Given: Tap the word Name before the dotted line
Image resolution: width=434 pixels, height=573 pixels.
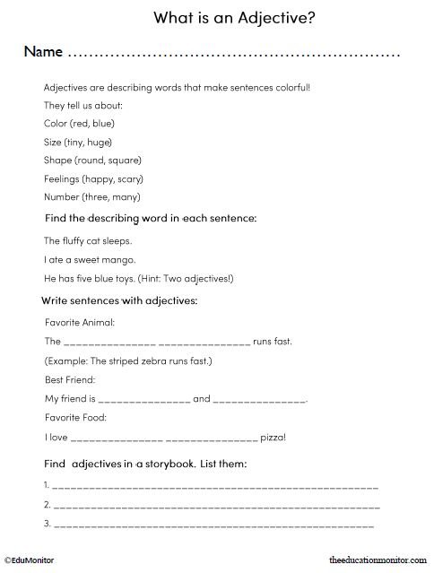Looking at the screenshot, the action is [x=43, y=51].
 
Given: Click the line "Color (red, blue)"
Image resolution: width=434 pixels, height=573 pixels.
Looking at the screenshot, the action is [x=79, y=123].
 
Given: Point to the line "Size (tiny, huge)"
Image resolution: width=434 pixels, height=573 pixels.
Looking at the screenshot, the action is [x=78, y=142].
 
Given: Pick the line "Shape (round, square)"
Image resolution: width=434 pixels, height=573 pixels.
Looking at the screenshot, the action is [x=92, y=160].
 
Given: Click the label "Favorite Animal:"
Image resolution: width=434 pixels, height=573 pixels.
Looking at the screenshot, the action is [x=80, y=321].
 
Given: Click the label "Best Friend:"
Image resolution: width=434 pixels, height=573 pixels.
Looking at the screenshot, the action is [x=70, y=379].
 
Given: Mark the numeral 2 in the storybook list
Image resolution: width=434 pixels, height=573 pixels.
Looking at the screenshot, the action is [x=46, y=504].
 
